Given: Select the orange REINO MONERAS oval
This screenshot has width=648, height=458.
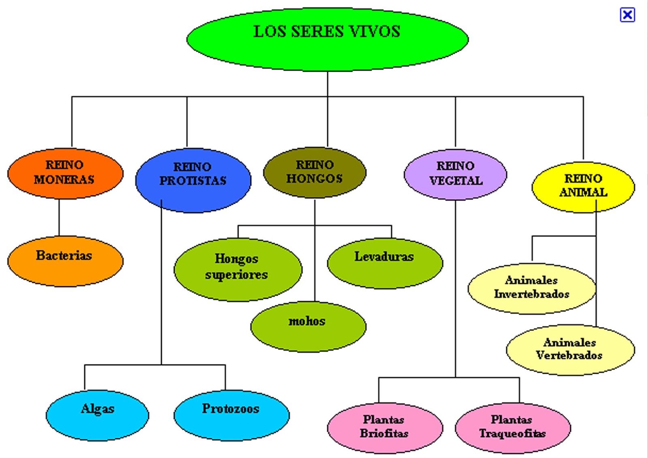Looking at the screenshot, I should click(x=65, y=173).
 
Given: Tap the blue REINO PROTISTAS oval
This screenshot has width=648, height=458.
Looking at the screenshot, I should click(x=193, y=180).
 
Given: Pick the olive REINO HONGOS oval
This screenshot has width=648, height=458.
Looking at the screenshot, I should click(x=314, y=172).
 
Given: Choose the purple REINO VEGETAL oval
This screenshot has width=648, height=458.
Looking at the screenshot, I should click(x=455, y=174).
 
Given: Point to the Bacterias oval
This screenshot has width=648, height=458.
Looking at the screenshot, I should click(x=65, y=261).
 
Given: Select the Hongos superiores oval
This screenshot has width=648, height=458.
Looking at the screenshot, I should click(x=237, y=269).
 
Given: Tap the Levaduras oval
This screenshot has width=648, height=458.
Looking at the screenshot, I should click(x=385, y=263).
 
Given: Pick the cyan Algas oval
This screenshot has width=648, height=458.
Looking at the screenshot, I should click(x=97, y=415).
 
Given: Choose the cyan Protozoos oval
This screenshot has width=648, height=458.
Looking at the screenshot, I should click(x=231, y=415).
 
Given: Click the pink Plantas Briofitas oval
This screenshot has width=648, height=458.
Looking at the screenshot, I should click(x=384, y=427).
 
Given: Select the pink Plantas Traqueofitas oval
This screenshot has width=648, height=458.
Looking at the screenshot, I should click(x=512, y=427).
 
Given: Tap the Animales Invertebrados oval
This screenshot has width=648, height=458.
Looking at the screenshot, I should click(x=531, y=288).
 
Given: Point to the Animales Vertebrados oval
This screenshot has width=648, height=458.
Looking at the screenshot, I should click(x=570, y=349).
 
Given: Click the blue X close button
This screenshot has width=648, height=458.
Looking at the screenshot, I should click(x=627, y=15).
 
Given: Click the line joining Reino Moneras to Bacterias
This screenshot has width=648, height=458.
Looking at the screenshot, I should click(x=59, y=217).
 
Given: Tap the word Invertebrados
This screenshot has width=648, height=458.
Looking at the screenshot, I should click(x=531, y=294).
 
